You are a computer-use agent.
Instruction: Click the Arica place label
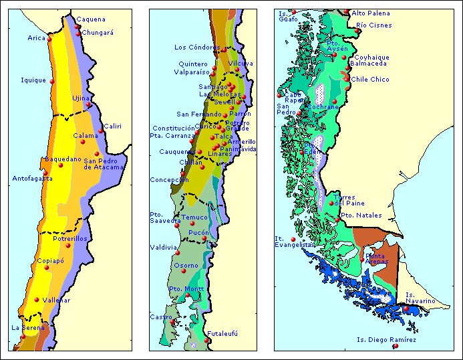36,38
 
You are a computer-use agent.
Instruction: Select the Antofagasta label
31,178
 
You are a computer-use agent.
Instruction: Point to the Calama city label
85,135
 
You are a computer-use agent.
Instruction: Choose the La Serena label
27,327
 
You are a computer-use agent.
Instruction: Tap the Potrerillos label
70,238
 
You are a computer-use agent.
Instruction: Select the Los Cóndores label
196,48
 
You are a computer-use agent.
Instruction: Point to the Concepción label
169,179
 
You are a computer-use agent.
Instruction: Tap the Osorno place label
186,266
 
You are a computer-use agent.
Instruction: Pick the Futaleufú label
222,333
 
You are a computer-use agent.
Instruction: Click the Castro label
161,317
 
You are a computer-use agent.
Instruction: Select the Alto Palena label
371,13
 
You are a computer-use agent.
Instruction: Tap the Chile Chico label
370,79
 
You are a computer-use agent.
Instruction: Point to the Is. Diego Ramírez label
386,339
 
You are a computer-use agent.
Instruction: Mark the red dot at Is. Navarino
406,308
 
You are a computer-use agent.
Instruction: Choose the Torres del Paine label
350,200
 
